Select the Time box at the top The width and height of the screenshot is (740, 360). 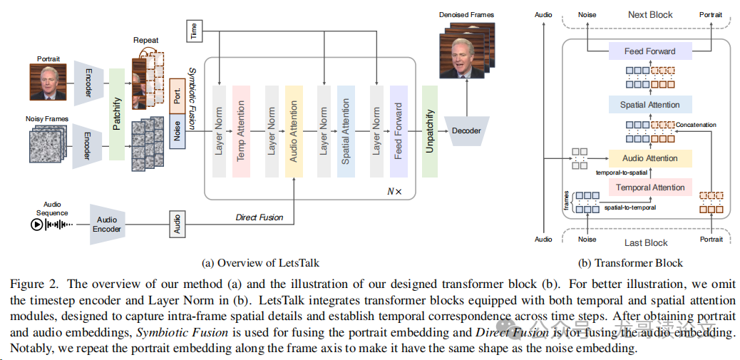[x=194, y=30]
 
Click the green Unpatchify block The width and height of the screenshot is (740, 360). [x=429, y=131]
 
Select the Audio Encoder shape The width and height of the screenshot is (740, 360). [x=108, y=224]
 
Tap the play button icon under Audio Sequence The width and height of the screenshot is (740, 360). [x=36, y=225]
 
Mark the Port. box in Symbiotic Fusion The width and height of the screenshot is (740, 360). [x=178, y=96]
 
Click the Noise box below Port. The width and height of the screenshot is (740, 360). [x=178, y=132]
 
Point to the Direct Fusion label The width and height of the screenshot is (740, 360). [x=259, y=217]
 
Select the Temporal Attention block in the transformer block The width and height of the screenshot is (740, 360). [x=649, y=188]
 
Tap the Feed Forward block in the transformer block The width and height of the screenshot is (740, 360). [x=649, y=51]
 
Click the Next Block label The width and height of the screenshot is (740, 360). [x=649, y=14]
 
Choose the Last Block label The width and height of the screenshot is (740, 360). [x=647, y=242]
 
